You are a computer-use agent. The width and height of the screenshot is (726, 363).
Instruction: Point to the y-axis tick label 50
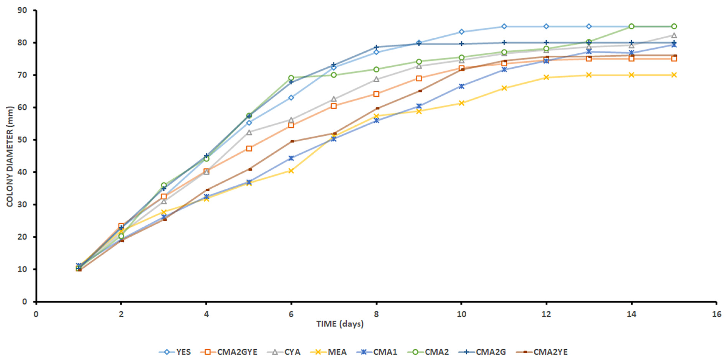(x=22, y=140)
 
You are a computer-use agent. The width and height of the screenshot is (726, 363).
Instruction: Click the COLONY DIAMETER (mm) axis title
(x=10, y=156)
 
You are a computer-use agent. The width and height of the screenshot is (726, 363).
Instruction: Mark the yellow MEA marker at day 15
(x=674, y=75)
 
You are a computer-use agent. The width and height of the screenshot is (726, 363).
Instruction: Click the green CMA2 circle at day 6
(x=291, y=78)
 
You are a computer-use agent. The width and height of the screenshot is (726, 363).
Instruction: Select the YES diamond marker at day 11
(x=504, y=26)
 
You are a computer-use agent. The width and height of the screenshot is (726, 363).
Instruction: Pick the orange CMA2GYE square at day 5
(x=249, y=148)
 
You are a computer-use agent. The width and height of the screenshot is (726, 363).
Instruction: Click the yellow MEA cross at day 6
(x=291, y=171)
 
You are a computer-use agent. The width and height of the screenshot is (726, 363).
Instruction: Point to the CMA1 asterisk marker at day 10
(x=461, y=86)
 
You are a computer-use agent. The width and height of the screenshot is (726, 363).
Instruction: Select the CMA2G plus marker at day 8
(x=376, y=47)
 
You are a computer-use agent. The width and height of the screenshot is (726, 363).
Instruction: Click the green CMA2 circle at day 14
(x=631, y=26)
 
